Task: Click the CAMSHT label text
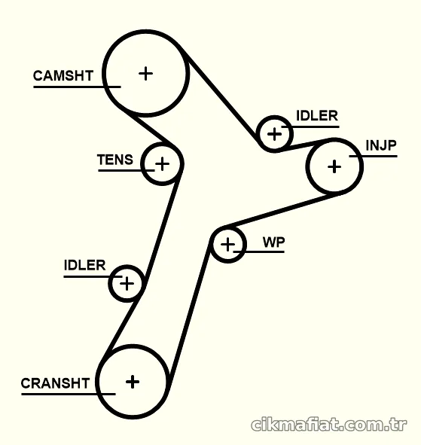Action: click(x=63, y=76)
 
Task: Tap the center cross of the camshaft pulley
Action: click(x=146, y=74)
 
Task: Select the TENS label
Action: click(x=115, y=160)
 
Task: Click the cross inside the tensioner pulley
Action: click(x=163, y=164)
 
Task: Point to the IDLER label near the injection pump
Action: click(x=317, y=116)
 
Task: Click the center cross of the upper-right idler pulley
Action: click(x=274, y=134)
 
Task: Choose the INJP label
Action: click(x=381, y=145)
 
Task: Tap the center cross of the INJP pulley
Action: click(x=334, y=166)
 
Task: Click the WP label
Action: click(x=273, y=242)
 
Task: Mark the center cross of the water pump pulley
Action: click(x=227, y=245)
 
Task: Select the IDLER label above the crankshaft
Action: click(x=84, y=265)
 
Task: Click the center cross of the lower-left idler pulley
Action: click(x=127, y=284)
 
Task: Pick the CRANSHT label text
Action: click(x=56, y=383)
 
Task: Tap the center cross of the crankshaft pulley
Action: click(x=133, y=382)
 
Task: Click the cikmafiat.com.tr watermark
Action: click(x=328, y=425)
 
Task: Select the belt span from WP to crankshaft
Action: click(x=188, y=313)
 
